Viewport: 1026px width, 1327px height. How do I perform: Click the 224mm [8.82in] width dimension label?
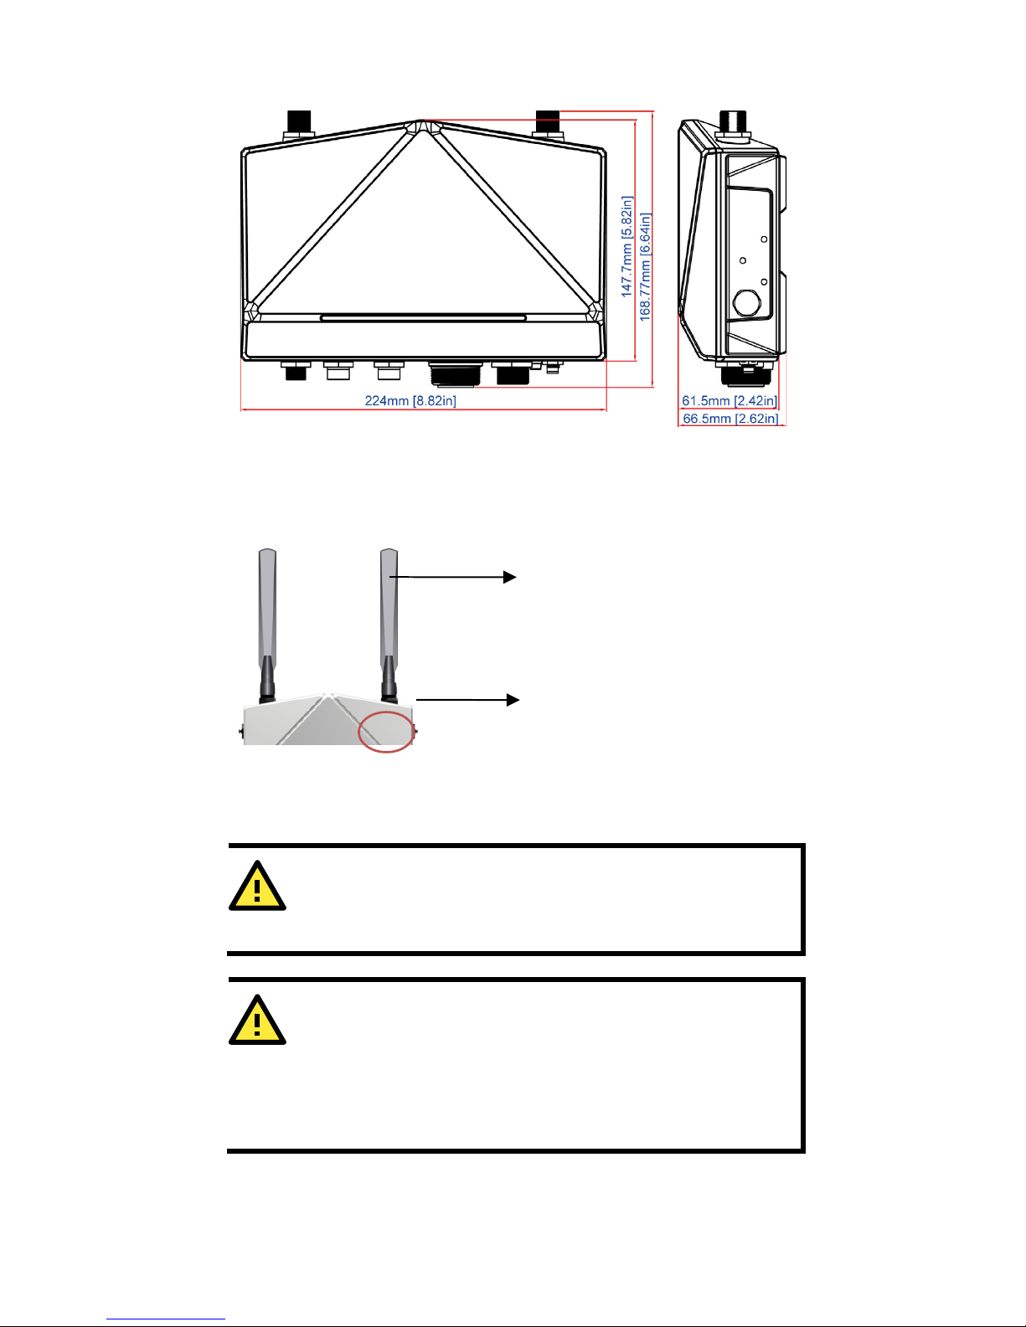[410, 401]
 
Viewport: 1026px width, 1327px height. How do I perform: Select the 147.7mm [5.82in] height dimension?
[626, 247]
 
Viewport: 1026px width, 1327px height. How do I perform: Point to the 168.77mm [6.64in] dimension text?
[646, 266]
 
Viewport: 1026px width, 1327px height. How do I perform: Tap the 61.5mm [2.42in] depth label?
[730, 401]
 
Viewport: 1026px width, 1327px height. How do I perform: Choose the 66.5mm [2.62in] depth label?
[730, 419]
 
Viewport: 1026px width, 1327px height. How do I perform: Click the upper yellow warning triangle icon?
[257, 887]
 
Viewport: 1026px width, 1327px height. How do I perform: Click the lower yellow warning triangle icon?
[257, 1021]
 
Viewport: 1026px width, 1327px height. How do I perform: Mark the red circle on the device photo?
[386, 732]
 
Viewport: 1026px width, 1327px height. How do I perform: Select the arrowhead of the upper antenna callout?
[510, 577]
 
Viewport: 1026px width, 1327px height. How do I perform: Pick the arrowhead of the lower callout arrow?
[512, 700]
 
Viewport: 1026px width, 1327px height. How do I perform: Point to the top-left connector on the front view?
[299, 124]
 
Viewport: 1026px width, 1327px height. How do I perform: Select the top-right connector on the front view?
[548, 124]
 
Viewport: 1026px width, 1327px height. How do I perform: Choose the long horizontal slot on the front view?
[423, 318]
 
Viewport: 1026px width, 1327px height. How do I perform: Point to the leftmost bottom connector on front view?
[296, 370]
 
